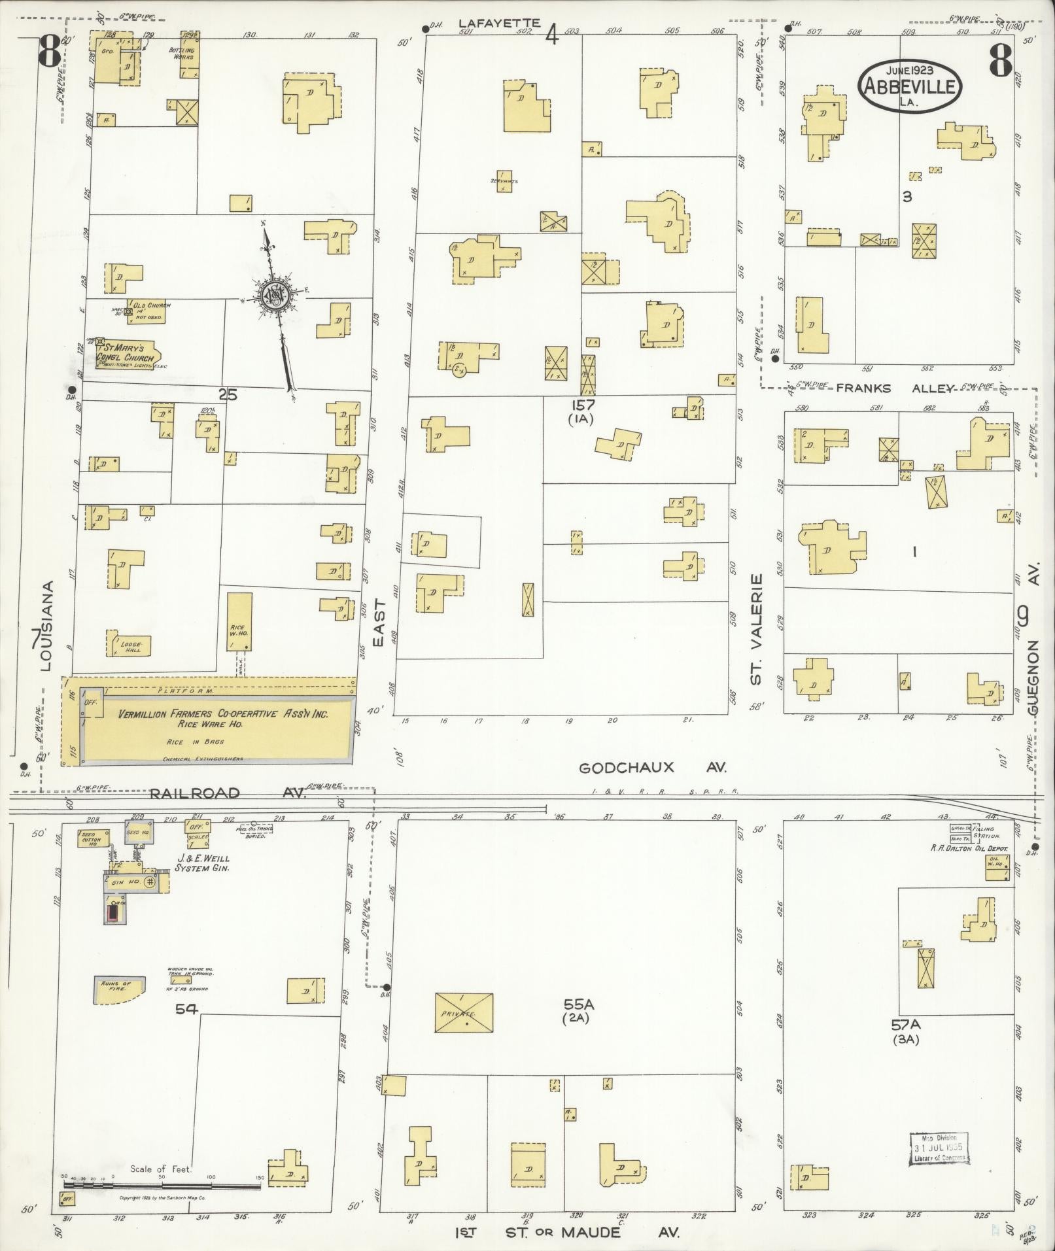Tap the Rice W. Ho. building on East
pos(239,621)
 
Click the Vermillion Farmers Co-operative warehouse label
pos(222,715)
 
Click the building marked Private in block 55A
pos(464,1013)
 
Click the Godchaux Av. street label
pos(652,768)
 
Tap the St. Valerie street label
pos(757,629)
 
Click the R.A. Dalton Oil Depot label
pos(971,849)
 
